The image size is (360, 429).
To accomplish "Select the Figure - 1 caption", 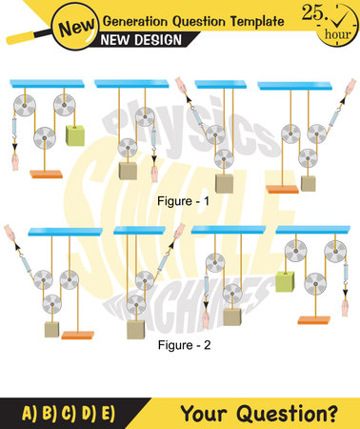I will (x=180, y=202).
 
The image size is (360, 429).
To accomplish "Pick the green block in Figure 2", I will (x=284, y=279).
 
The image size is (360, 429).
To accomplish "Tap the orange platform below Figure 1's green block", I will (x=47, y=173).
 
